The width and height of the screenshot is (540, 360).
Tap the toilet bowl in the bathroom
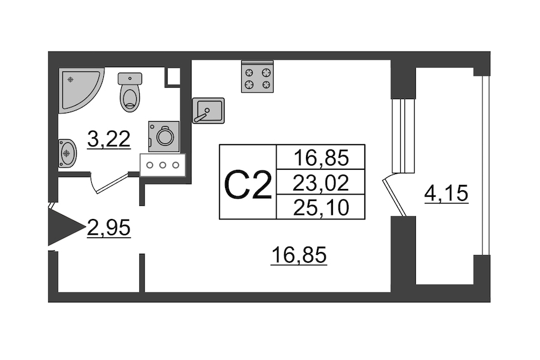130,98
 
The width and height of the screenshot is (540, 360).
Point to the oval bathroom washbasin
67,153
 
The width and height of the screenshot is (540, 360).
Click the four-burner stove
257,77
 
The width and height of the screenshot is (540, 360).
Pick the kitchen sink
208,110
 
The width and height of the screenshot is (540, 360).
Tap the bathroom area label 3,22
109,140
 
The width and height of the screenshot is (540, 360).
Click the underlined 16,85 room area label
298,256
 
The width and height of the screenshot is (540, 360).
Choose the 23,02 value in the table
320,182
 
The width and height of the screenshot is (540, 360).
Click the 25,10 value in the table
320,206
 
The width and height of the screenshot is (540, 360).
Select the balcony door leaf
395,195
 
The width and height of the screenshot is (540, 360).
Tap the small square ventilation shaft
173,76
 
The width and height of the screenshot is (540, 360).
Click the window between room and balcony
403,136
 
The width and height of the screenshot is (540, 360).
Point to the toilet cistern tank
130,79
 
